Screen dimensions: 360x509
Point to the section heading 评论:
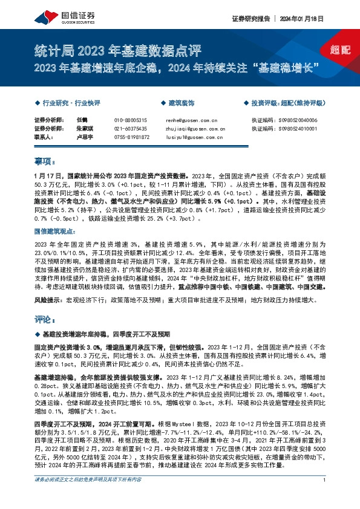(x=45, y=319)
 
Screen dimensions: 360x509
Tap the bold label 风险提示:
(x=48, y=299)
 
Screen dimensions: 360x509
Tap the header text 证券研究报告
(x=249, y=18)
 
